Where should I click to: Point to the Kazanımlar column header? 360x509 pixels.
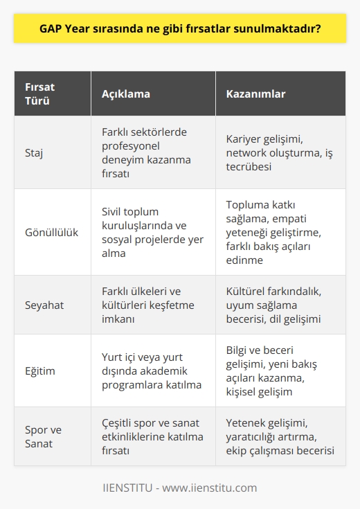tap(256, 93)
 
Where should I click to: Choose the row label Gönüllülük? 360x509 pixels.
tap(51, 233)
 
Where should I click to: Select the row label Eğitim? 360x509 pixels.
tap(40, 370)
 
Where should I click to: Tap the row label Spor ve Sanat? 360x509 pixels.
tap(43, 436)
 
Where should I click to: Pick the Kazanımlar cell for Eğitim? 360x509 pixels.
tap(277, 370)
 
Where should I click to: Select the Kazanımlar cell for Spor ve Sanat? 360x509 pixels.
tap(281, 436)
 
